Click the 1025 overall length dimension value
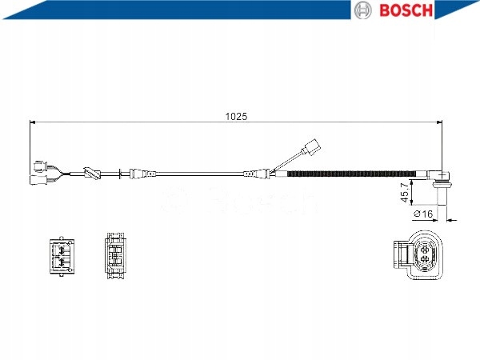coord(236,115)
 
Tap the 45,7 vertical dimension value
coord(405,193)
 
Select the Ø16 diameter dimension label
coord(422,215)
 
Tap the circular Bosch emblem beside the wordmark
coord(363,10)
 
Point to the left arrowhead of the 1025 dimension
coord(33,122)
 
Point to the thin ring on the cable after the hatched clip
coord(122,173)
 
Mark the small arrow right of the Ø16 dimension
coord(451,218)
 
